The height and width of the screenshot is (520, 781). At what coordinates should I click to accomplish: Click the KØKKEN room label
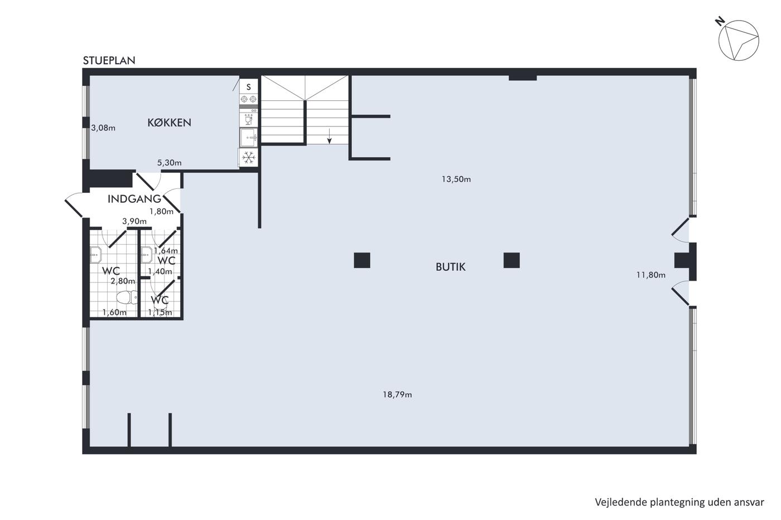click(169, 123)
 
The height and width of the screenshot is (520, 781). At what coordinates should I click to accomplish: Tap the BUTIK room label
click(451, 267)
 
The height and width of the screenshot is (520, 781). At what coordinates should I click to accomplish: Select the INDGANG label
click(134, 199)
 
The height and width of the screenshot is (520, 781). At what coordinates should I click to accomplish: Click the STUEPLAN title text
click(109, 61)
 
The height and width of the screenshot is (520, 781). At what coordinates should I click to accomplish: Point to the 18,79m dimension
click(397, 395)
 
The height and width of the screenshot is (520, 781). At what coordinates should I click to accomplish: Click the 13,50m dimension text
click(456, 179)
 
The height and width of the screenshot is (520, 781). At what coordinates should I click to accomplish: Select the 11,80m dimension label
click(650, 275)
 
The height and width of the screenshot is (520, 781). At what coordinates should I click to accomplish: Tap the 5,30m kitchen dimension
click(170, 163)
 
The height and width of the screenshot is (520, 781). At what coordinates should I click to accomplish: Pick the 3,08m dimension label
click(103, 128)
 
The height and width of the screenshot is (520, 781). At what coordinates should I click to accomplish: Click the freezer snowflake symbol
click(249, 157)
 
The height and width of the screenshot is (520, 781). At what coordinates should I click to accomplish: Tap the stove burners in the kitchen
click(249, 99)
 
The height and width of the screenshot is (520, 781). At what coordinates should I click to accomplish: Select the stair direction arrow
click(329, 136)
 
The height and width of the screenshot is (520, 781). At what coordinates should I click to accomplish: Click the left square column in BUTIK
click(362, 260)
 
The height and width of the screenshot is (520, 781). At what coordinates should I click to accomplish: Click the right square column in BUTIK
click(512, 260)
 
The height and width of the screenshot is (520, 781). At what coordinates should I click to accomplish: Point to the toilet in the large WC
click(126, 298)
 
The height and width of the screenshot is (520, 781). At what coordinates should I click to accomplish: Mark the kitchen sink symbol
click(249, 137)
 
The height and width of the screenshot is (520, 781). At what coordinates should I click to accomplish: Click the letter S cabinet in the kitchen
click(249, 87)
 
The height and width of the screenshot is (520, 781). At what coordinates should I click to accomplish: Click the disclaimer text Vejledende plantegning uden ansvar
click(679, 503)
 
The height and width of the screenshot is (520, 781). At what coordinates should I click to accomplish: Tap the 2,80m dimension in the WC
click(123, 281)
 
